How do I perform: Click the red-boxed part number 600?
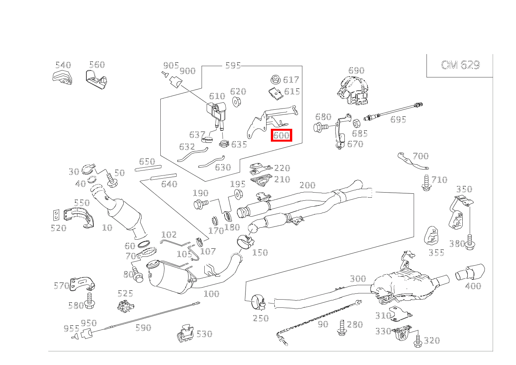(x=281, y=135)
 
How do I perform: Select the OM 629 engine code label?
(x=460, y=65)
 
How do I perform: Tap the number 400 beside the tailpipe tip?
(x=473, y=286)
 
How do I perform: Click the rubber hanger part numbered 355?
(x=431, y=235)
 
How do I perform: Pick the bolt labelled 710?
(x=426, y=183)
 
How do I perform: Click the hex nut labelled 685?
(x=356, y=124)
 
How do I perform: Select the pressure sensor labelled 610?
(x=217, y=112)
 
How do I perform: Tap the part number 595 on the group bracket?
(x=233, y=65)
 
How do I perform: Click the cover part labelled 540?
(x=61, y=77)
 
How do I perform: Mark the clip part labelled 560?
(x=96, y=78)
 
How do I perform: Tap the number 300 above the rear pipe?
(x=358, y=279)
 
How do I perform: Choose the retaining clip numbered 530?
(x=186, y=333)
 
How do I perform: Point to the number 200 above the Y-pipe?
(x=307, y=185)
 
